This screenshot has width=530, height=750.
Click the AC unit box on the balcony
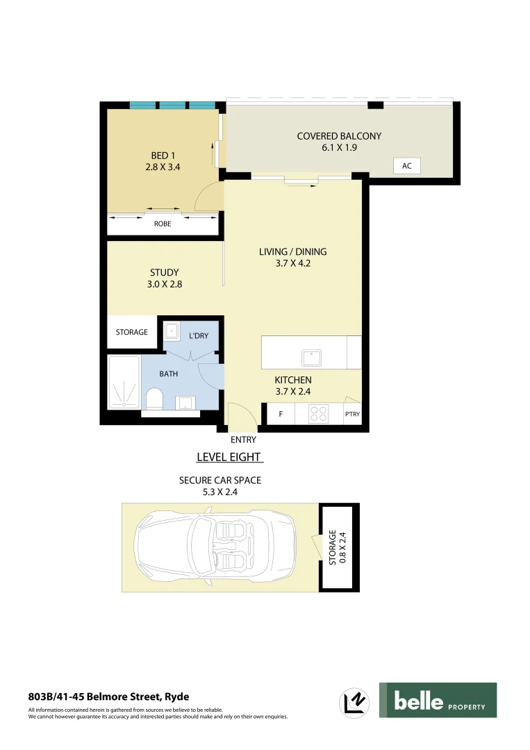pos(406,166)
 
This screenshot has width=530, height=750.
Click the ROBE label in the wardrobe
pos(162,224)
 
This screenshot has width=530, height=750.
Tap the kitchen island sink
pos(311,358)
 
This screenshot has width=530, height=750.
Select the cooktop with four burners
pos(319,414)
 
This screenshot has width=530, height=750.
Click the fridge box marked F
pos(281,415)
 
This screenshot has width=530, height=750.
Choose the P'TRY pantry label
pos(352,415)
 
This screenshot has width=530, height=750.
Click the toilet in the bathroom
pos(154,399)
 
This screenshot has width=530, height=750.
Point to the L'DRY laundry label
pos(199,336)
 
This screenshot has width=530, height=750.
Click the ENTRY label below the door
pos(243,440)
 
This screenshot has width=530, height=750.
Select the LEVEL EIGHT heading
pos(229,457)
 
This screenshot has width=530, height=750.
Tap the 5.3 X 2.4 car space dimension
pos(220,492)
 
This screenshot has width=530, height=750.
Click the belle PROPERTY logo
pos(438,700)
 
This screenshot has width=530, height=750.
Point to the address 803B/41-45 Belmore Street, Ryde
pos(108,696)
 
